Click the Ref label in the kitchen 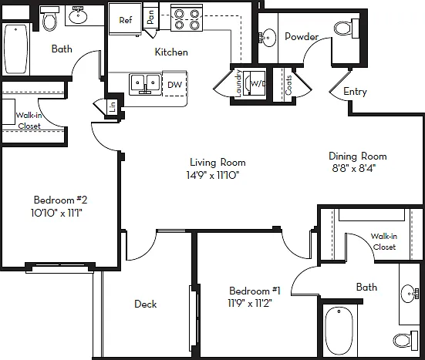point(126,20)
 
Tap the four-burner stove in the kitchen point(187,19)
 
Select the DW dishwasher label point(174,85)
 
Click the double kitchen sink point(144,84)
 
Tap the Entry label point(355,92)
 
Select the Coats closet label point(288,85)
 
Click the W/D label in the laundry point(258,84)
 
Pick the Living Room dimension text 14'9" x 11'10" point(213,175)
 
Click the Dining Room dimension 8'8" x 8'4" point(353,169)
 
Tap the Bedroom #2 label point(60,200)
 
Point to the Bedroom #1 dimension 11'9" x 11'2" point(250,303)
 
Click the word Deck point(146,304)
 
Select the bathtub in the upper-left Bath point(16,49)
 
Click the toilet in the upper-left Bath point(49,19)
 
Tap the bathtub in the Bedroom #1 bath point(339,331)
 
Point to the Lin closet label point(113,106)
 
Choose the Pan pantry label point(150,16)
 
